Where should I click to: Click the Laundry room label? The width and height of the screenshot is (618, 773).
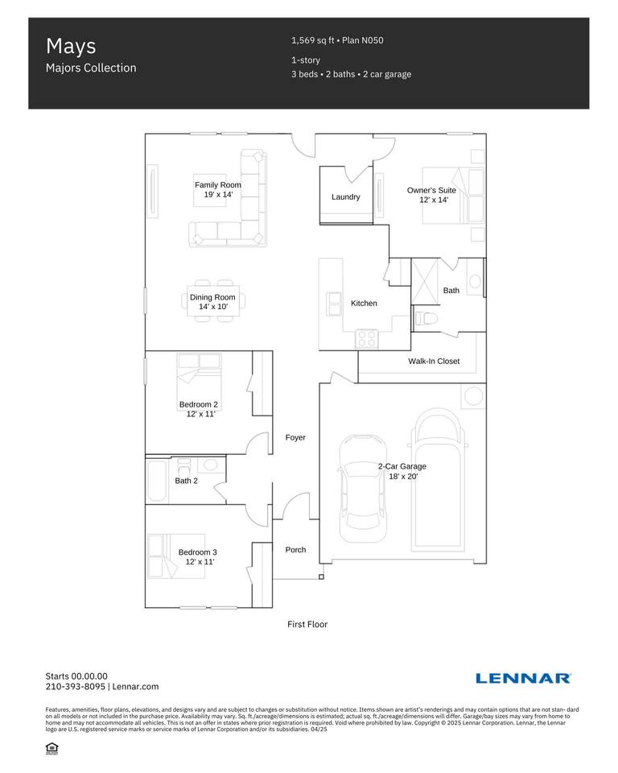pyautogui.click(x=345, y=196)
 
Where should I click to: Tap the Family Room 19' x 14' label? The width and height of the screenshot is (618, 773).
pyautogui.click(x=218, y=189)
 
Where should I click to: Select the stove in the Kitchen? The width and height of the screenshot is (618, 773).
pyautogui.click(x=367, y=339)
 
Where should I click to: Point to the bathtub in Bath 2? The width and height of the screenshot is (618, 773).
pyautogui.click(x=157, y=481)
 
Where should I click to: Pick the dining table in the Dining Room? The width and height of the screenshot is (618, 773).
pyautogui.click(x=213, y=301)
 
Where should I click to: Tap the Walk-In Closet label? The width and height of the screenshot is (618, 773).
pyautogui.click(x=434, y=361)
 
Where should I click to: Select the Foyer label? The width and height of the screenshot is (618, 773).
pyautogui.click(x=295, y=437)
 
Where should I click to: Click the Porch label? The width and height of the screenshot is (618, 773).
pyautogui.click(x=295, y=550)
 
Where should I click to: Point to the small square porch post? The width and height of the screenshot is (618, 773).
pyautogui.click(x=321, y=577)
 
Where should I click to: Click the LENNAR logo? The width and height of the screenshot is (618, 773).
pyautogui.click(x=523, y=678)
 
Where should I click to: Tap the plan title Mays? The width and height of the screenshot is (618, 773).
pyautogui.click(x=71, y=47)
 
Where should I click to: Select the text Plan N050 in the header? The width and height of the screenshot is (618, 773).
pyautogui.click(x=363, y=40)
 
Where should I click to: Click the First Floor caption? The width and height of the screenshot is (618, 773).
pyautogui.click(x=307, y=624)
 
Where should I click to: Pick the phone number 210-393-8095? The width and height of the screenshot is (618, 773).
pyautogui.click(x=76, y=686)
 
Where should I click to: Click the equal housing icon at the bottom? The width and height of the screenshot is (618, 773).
pyautogui.click(x=51, y=748)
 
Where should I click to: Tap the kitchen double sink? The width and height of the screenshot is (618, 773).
pyautogui.click(x=334, y=304)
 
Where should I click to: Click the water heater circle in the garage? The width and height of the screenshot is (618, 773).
pyautogui.click(x=474, y=396)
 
